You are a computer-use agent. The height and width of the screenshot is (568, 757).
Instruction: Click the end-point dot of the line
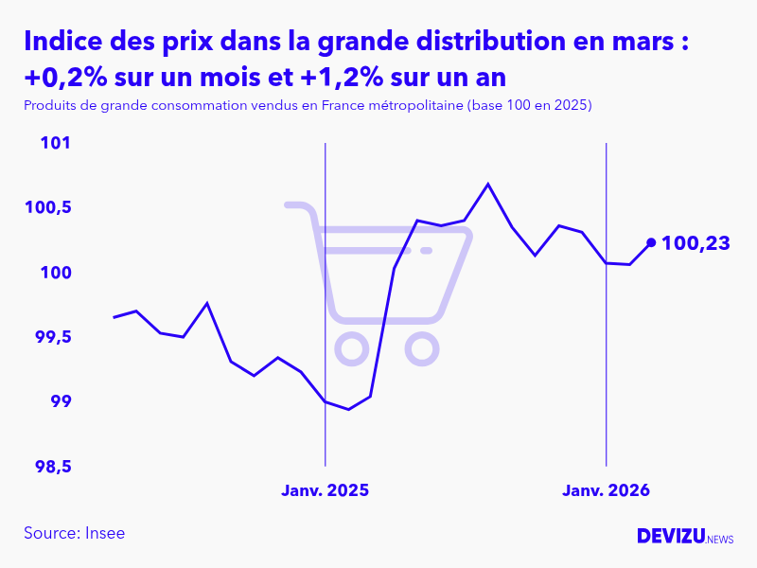coord(651,242)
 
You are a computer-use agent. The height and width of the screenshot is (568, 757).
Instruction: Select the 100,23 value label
coord(695,243)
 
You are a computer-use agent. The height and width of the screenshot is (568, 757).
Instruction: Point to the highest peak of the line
coord(488,184)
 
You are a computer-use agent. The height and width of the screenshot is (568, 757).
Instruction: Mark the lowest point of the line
coord(349,410)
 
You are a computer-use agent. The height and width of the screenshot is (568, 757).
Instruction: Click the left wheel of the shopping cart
coord(352,349)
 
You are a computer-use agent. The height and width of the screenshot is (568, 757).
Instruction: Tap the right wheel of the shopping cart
coord(421,349)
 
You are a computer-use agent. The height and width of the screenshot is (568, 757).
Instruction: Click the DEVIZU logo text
coord(671,536)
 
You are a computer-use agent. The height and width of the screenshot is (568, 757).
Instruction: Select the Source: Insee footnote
coord(75,533)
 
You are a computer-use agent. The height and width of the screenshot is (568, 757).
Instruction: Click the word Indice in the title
coord(59,43)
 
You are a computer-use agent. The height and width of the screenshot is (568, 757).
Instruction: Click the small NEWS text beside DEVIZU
coord(720,540)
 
